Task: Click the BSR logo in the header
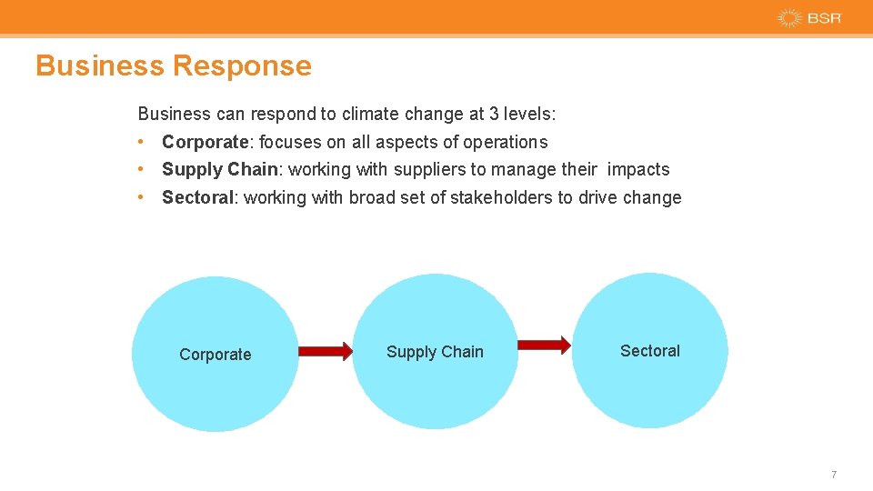click(809, 18)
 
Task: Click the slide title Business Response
click(174, 65)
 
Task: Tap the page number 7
click(833, 475)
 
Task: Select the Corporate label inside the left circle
click(216, 355)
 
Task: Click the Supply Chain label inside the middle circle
click(435, 352)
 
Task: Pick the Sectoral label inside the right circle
click(649, 351)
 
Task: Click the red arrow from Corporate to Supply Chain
click(326, 351)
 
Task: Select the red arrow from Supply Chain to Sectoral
click(545, 345)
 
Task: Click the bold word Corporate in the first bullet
click(205, 142)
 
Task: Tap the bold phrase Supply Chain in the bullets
click(219, 170)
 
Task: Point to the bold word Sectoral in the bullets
click(197, 198)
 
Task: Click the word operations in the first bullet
click(506, 143)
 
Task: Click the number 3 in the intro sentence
click(494, 115)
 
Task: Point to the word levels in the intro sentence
click(529, 115)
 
